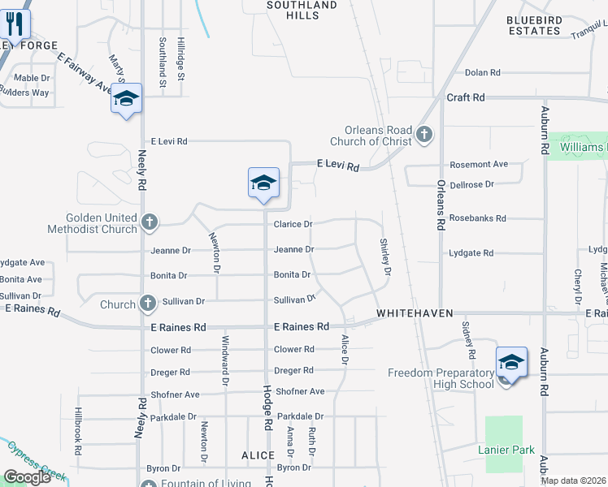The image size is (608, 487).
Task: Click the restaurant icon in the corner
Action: (15, 24)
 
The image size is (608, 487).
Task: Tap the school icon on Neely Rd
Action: (126, 99)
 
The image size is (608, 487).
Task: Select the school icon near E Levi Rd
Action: (263, 183)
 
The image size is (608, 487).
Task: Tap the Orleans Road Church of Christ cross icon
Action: (423, 134)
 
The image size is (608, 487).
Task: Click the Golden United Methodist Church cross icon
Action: (149, 221)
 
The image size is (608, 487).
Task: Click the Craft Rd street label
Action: (466, 97)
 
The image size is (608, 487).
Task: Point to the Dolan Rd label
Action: (482, 73)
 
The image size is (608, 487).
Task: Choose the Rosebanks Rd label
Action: (477, 218)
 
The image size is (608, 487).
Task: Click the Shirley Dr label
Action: (386, 255)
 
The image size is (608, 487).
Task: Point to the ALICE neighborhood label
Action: (258, 456)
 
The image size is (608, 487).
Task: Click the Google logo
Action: (27, 477)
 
